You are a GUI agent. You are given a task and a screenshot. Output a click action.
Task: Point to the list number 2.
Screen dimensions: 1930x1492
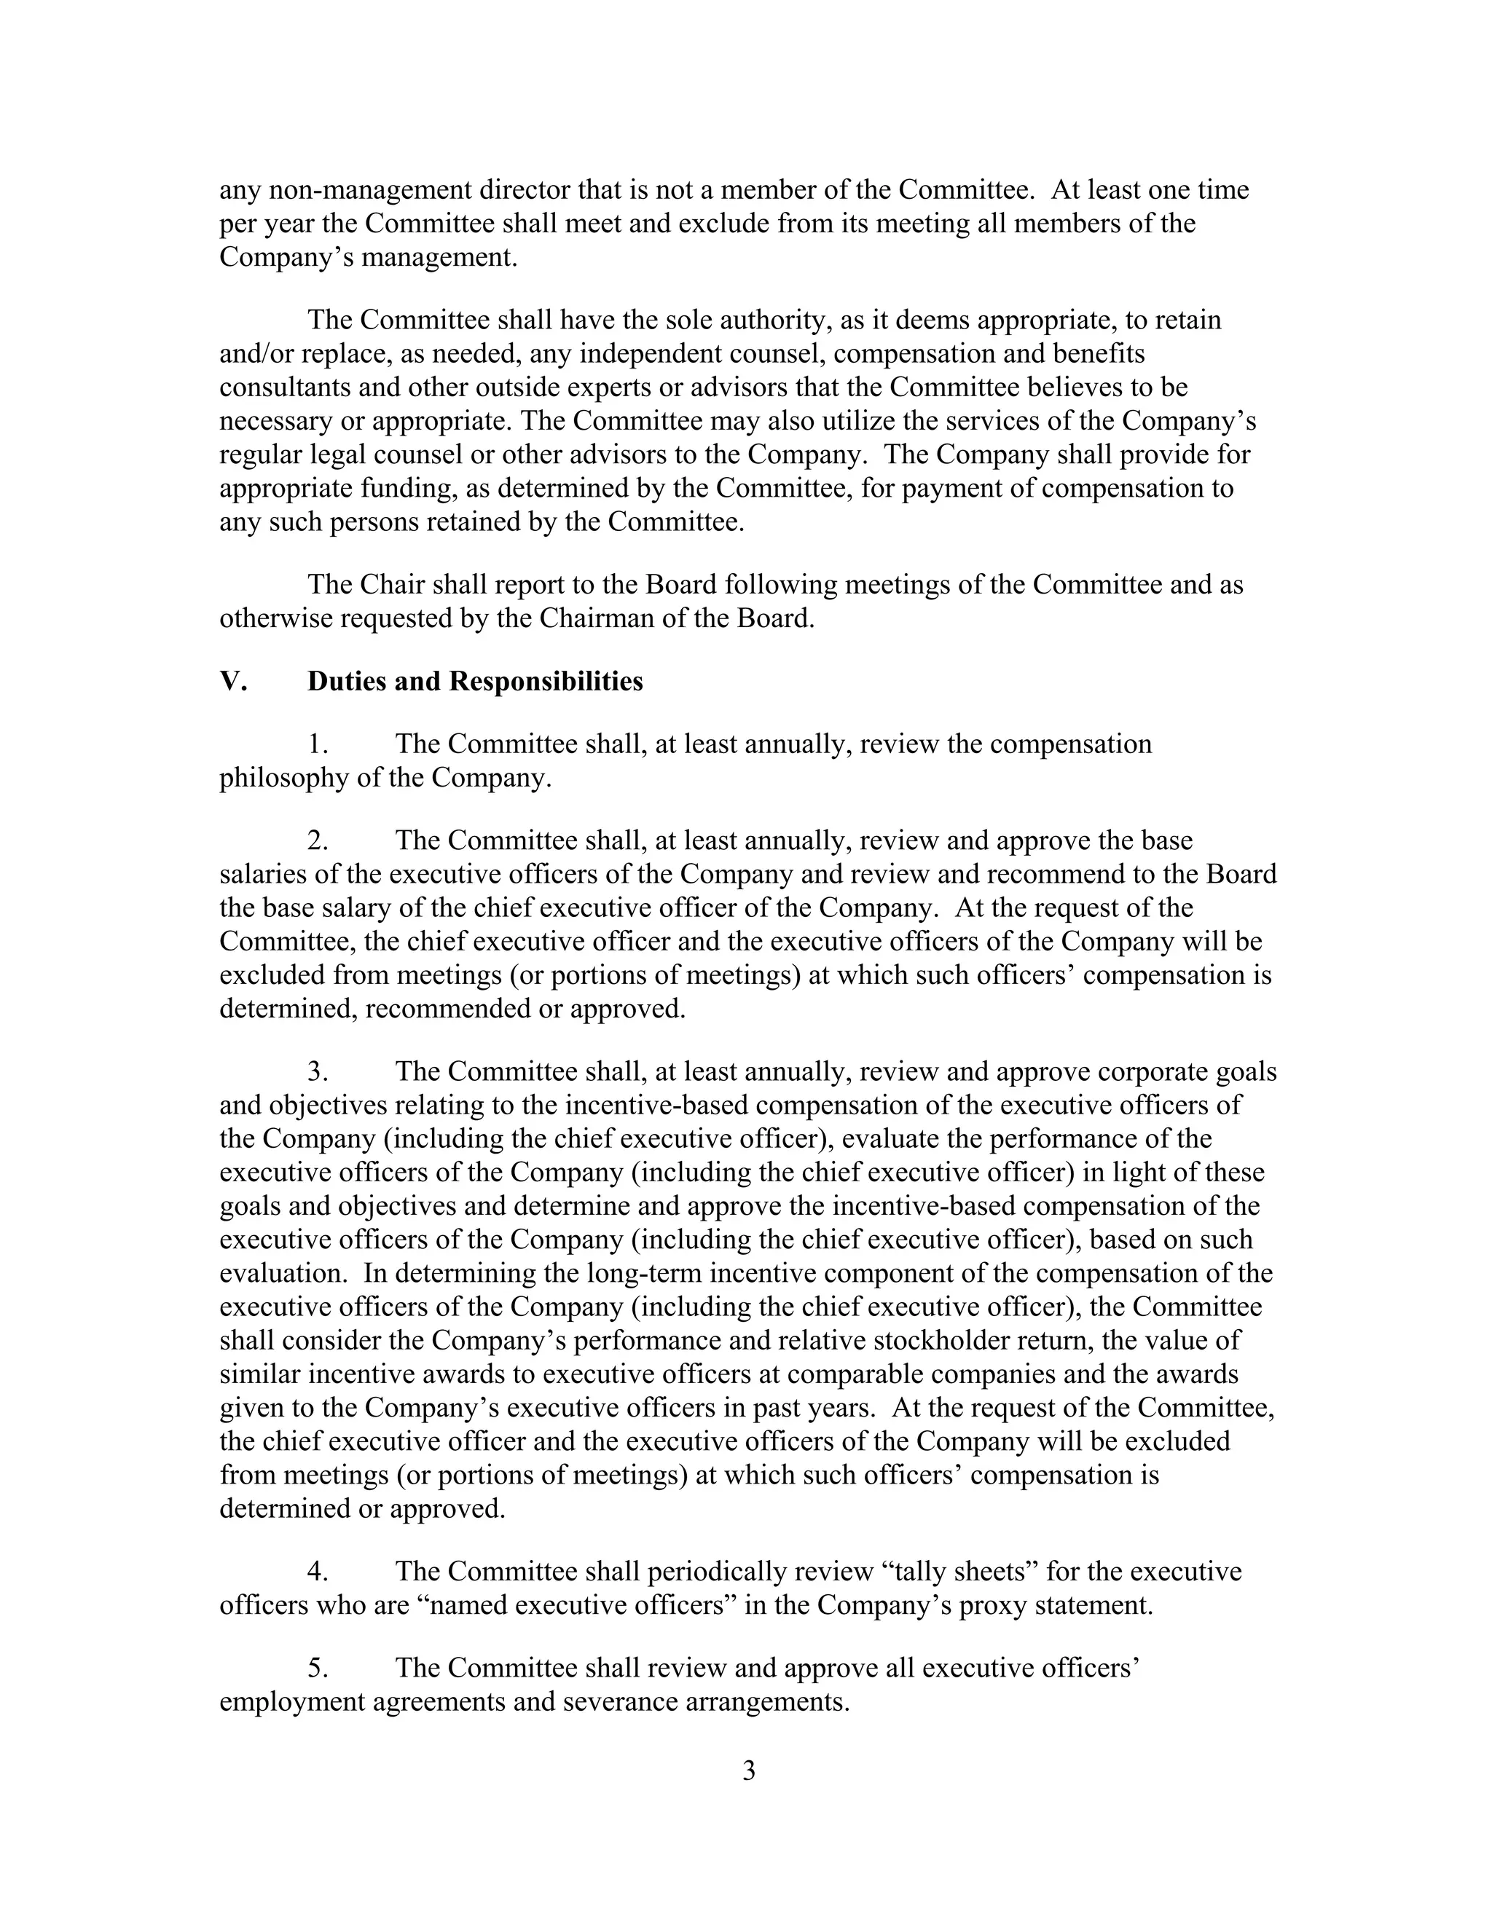(x=318, y=840)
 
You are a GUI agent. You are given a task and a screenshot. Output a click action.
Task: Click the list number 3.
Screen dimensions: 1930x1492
(x=318, y=1071)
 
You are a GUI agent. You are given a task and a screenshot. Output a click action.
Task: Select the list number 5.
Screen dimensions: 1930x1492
(x=318, y=1668)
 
